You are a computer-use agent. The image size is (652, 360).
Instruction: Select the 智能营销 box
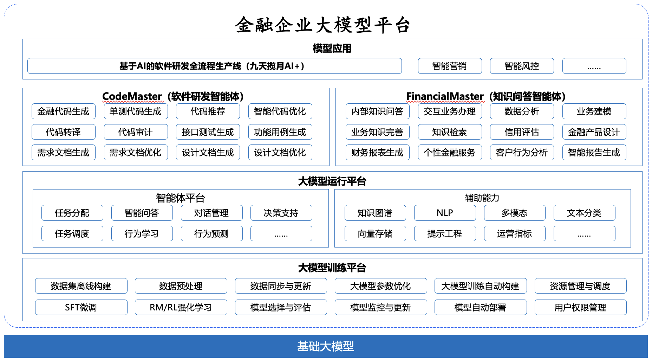click(450, 66)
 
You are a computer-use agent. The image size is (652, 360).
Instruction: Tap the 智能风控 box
click(522, 66)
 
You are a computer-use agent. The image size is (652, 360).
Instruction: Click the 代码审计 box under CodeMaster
click(136, 132)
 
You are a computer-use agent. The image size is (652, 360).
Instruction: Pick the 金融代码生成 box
click(63, 111)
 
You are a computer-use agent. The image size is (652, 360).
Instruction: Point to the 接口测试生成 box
click(208, 132)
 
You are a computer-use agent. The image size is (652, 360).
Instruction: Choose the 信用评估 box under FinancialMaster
click(522, 132)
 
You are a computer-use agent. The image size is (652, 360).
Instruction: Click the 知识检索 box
click(450, 132)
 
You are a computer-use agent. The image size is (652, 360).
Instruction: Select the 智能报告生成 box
click(594, 153)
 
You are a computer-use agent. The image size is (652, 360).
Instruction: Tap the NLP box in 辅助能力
click(445, 213)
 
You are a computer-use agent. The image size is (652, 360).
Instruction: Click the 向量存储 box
click(375, 234)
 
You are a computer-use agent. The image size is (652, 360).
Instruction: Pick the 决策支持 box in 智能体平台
click(281, 213)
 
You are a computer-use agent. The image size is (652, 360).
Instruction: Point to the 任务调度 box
click(72, 234)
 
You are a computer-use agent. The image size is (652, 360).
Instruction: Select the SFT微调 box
click(81, 308)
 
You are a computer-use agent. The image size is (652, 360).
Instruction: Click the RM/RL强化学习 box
click(181, 308)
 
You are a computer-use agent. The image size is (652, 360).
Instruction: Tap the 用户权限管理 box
click(580, 308)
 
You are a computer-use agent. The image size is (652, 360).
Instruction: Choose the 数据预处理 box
click(181, 286)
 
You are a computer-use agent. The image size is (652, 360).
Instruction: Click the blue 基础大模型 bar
click(326, 347)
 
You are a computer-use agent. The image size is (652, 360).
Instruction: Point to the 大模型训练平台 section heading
click(332, 268)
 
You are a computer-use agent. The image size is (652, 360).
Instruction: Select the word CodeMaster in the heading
click(132, 96)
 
